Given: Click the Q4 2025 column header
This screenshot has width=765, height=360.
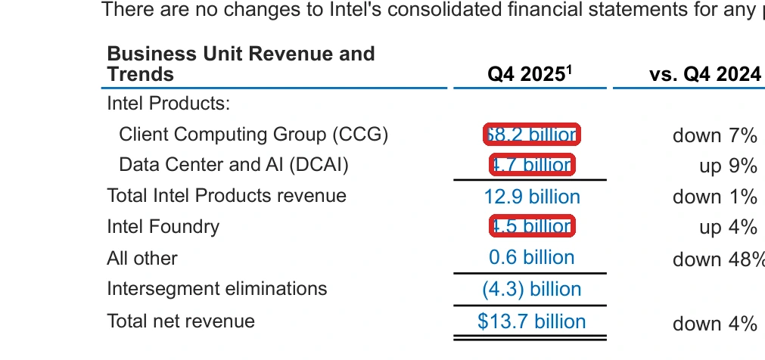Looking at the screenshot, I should [530, 74].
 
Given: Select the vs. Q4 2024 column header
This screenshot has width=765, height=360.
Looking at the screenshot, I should [704, 74].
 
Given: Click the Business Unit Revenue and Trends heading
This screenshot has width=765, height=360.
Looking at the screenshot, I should [241, 64].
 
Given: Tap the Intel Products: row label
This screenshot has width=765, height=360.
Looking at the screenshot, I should [168, 103].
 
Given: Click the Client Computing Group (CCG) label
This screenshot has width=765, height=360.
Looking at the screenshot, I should [253, 135].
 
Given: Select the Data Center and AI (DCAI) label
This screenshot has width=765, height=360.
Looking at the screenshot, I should [234, 165].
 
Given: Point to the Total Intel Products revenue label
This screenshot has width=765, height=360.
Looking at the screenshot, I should [226, 196].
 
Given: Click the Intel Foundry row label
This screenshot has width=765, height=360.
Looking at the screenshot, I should [163, 227].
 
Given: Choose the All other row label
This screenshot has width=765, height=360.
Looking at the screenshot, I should [142, 258].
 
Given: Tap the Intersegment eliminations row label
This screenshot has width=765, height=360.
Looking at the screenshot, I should [216, 289].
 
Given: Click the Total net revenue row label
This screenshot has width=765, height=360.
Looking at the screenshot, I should [181, 321].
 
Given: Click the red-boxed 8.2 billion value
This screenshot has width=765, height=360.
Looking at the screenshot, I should [532, 135].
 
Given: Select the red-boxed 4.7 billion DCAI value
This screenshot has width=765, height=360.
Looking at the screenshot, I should [532, 165].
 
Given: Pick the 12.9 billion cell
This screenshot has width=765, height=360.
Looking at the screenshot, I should [532, 197].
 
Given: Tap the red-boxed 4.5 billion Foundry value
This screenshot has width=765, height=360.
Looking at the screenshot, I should [532, 226].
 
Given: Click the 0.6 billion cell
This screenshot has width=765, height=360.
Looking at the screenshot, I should [532, 258].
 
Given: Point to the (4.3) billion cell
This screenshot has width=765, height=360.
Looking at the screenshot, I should [532, 290].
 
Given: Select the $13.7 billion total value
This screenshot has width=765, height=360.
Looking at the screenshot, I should [532, 321].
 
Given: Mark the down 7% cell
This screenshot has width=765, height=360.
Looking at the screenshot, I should [714, 135].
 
